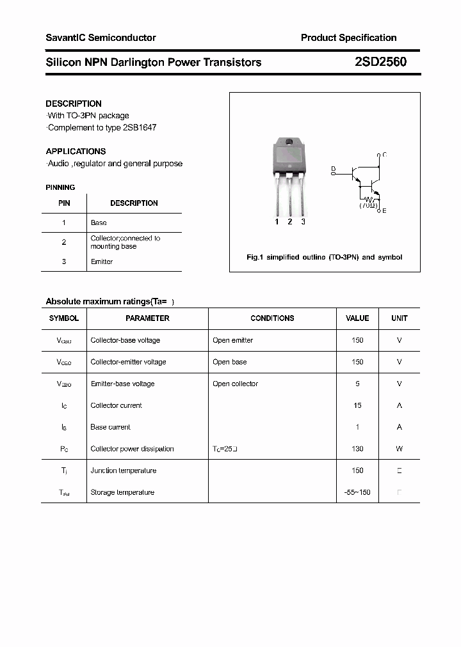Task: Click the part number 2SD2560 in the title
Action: pos(380,63)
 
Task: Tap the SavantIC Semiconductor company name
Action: pos(101,38)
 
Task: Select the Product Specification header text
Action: pos(348,38)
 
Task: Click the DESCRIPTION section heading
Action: pos(74,104)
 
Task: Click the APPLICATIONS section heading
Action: pos(76,152)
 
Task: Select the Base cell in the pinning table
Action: pos(99,222)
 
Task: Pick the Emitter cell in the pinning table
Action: pos(102,261)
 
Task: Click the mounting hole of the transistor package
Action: pos(289,142)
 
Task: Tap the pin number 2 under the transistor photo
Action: pos(289,222)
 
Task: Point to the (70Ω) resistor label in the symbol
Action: pos(368,205)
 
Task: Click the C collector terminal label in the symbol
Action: pos(384,155)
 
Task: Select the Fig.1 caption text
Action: pos(324,257)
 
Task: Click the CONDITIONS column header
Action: pos(272,318)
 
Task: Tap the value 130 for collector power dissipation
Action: pos(357,449)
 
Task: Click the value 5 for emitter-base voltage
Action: pos(357,384)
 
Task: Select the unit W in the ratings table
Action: pos(399,449)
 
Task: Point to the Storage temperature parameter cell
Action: pos(122,492)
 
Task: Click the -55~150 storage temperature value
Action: pos(357,492)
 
